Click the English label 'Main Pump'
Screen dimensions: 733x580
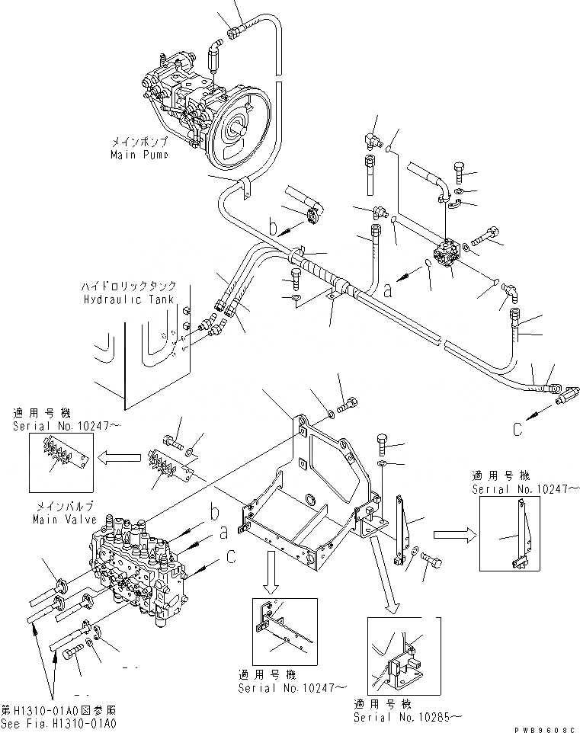click(x=138, y=154)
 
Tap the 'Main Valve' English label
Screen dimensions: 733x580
click(x=64, y=520)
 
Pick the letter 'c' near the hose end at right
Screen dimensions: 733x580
click(x=520, y=431)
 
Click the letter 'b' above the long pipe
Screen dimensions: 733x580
click(x=273, y=226)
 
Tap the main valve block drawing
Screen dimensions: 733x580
click(x=133, y=568)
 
